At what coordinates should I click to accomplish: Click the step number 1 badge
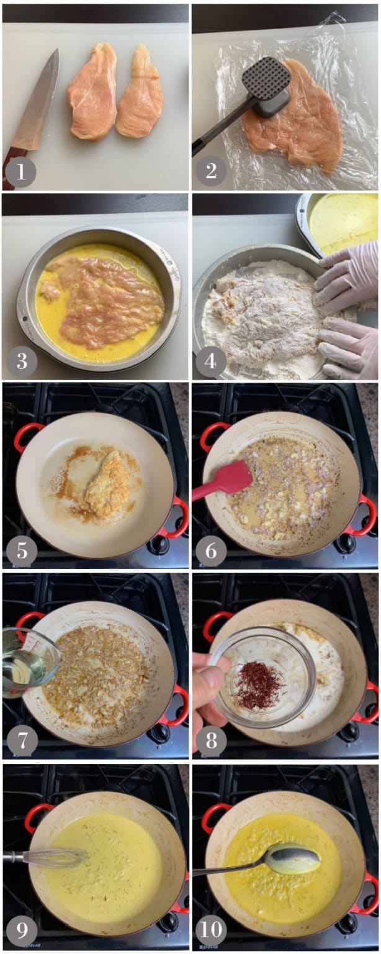(21, 171)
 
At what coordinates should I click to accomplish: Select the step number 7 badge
(21, 741)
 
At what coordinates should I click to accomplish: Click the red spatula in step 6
(223, 483)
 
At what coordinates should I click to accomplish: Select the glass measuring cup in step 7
(30, 662)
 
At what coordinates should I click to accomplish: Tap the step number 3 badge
(21, 361)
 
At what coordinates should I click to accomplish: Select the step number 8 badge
(211, 741)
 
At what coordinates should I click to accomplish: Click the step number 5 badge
(21, 551)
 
